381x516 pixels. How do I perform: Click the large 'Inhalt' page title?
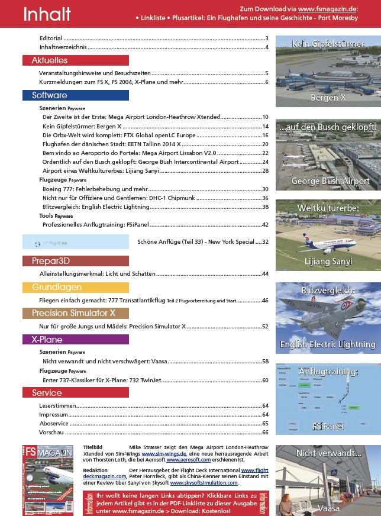pos(47,14)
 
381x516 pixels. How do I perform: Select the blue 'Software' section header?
pos(50,95)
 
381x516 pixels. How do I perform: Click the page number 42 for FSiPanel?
pos(265,225)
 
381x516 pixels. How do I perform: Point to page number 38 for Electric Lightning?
pos(265,207)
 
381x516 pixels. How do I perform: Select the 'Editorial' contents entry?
pos(50,38)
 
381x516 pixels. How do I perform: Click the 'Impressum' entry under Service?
pos(53,415)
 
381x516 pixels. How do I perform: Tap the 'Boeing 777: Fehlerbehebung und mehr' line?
pos(95,189)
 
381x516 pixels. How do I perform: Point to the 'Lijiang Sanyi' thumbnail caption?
pos(328,261)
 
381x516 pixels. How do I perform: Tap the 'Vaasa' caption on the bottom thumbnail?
pos(328,508)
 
